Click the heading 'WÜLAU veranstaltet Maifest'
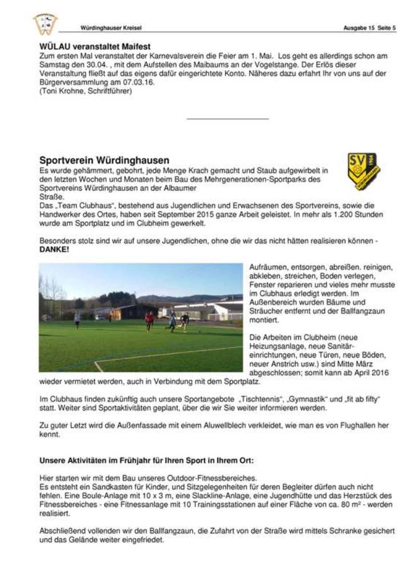[x=95, y=46]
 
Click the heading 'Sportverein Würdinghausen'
[x=104, y=161]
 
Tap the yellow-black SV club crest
[x=364, y=171]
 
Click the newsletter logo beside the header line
[x=45, y=24]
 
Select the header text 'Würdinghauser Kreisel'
[x=111, y=27]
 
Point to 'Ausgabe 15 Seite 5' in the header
[x=369, y=27]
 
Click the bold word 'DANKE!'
[x=54, y=250]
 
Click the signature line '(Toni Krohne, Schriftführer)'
[x=86, y=91]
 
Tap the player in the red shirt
[x=150, y=320]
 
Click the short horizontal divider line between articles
[x=227, y=119]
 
